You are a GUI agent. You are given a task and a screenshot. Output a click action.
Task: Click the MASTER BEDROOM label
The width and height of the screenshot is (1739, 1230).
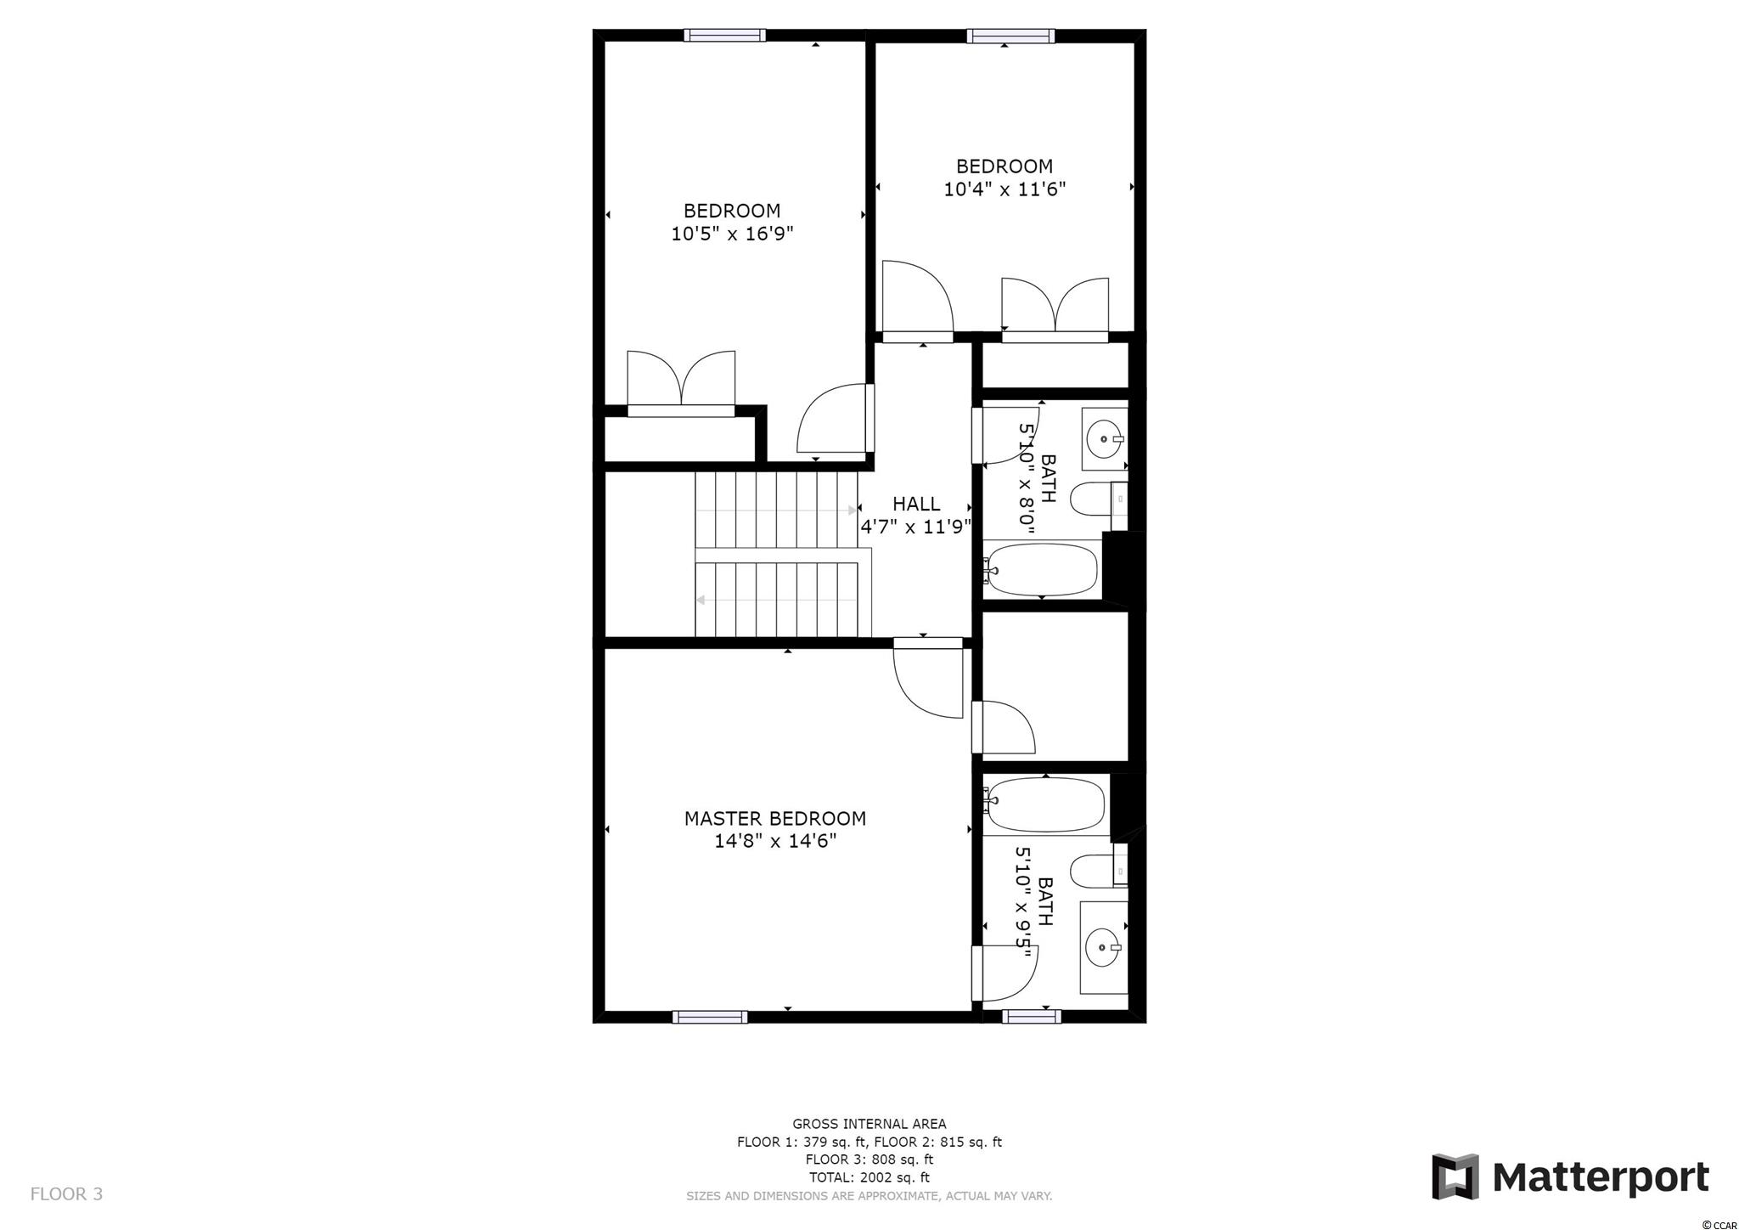[775, 818]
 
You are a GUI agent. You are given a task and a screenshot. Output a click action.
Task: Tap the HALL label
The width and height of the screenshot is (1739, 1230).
[916, 504]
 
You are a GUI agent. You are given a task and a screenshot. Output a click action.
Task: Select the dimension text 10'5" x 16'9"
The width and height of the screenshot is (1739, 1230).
[732, 234]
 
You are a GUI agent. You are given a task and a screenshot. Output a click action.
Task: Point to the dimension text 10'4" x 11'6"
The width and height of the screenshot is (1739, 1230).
[1005, 189]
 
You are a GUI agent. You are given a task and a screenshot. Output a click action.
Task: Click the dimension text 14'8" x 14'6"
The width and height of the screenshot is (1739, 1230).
[775, 841]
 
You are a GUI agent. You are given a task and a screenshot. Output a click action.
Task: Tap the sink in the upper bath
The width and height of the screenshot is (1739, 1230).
[1105, 439]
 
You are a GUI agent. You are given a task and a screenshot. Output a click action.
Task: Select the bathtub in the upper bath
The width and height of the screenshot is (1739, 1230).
[1042, 569]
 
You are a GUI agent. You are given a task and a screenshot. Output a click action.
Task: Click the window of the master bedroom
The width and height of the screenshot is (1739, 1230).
[710, 1017]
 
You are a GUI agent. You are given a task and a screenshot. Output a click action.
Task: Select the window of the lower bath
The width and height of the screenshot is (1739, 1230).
[1032, 1016]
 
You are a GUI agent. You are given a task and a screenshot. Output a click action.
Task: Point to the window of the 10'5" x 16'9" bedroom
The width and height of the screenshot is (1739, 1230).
[725, 36]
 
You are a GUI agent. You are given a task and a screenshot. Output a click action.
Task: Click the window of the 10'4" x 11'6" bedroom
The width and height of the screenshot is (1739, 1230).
[1010, 36]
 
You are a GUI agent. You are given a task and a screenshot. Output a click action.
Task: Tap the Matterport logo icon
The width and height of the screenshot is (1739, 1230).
[1455, 1176]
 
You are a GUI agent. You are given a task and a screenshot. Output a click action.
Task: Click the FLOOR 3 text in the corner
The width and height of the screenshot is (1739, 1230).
[66, 1193]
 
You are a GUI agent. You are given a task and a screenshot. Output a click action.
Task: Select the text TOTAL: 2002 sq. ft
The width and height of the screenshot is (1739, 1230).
[869, 1177]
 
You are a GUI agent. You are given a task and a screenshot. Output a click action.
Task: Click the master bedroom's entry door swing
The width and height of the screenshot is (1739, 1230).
[928, 683]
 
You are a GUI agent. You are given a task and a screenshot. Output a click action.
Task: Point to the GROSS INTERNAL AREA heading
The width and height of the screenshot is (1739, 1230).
[869, 1124]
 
